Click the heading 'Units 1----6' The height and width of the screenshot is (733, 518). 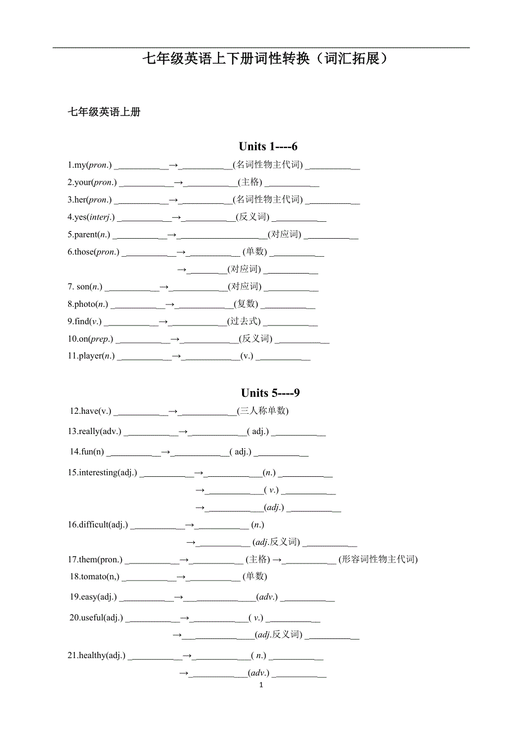(268, 147)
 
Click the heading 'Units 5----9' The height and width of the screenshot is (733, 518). (270, 393)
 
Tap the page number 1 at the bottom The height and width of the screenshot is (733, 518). (261, 685)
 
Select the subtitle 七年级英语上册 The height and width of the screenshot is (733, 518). (104, 112)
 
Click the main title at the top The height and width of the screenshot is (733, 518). (265, 59)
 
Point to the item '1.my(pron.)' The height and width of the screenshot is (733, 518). (90, 166)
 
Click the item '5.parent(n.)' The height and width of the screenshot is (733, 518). (88, 235)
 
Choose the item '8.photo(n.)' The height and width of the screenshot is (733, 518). (88, 305)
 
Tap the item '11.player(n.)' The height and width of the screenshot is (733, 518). (91, 356)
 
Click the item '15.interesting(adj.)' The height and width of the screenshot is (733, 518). (102, 473)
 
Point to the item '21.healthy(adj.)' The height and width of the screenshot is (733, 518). (96, 655)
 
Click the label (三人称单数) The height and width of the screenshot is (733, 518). (263, 411)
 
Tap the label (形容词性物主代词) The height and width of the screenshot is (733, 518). (379, 560)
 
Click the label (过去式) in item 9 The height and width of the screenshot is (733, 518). (244, 321)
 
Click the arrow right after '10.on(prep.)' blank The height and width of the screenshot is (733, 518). (175, 339)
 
